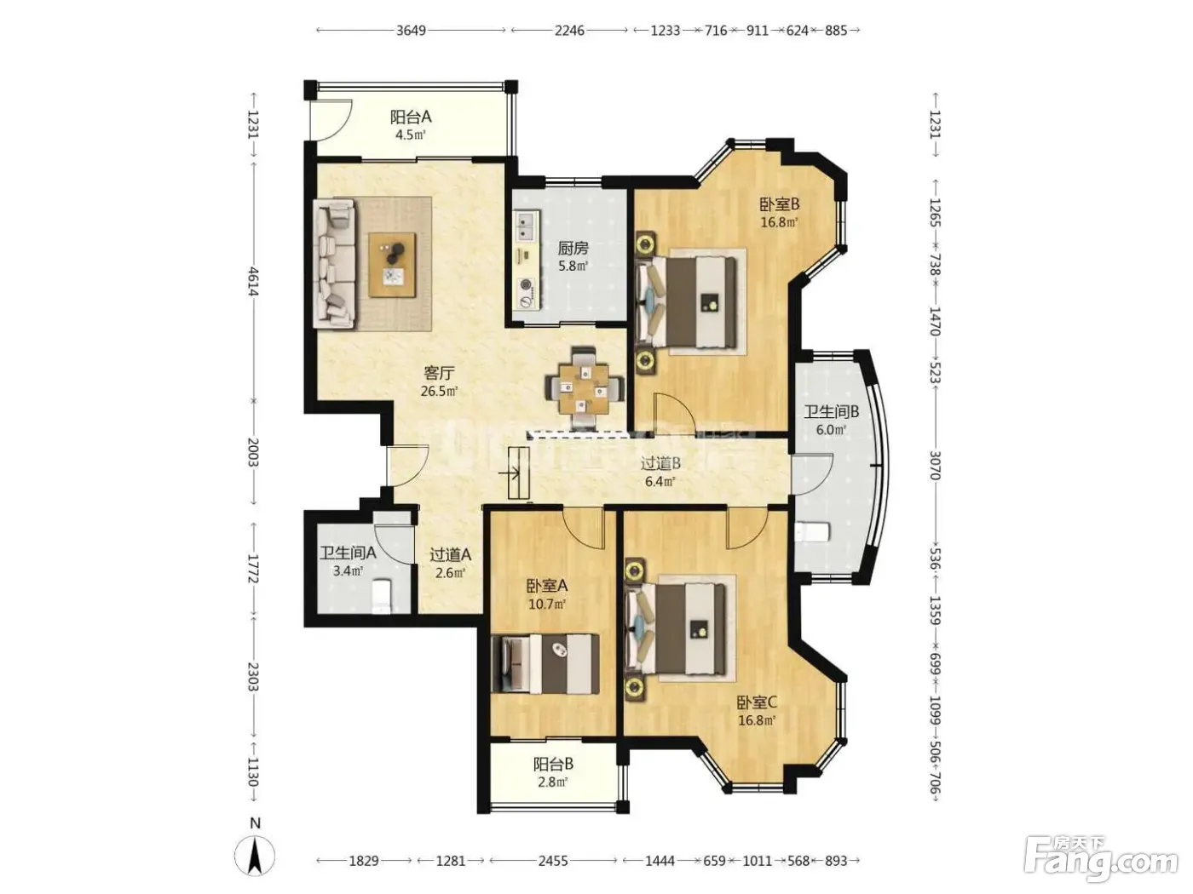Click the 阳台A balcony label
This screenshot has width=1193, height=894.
[411, 117]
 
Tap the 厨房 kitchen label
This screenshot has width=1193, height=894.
[573, 249]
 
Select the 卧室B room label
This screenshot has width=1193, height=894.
[780, 204]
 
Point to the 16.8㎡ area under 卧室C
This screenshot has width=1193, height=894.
[757, 720]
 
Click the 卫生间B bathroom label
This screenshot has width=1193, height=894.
[832, 412]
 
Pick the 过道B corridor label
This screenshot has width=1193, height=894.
[660, 463]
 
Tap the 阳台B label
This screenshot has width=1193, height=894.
[553, 765]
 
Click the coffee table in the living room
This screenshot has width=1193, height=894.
[393, 265]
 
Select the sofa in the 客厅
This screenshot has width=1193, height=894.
[334, 264]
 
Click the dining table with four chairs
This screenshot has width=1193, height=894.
[585, 387]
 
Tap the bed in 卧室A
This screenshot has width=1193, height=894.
[545, 664]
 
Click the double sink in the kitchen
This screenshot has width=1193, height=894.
[524, 226]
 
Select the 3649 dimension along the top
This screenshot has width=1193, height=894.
[411, 31]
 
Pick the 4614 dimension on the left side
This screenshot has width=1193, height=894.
[253, 282]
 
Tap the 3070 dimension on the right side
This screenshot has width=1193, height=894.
[934, 465]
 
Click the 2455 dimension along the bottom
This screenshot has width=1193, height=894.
[553, 860]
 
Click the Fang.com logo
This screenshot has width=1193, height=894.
[1101, 860]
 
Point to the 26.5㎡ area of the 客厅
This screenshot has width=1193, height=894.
[439, 391]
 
